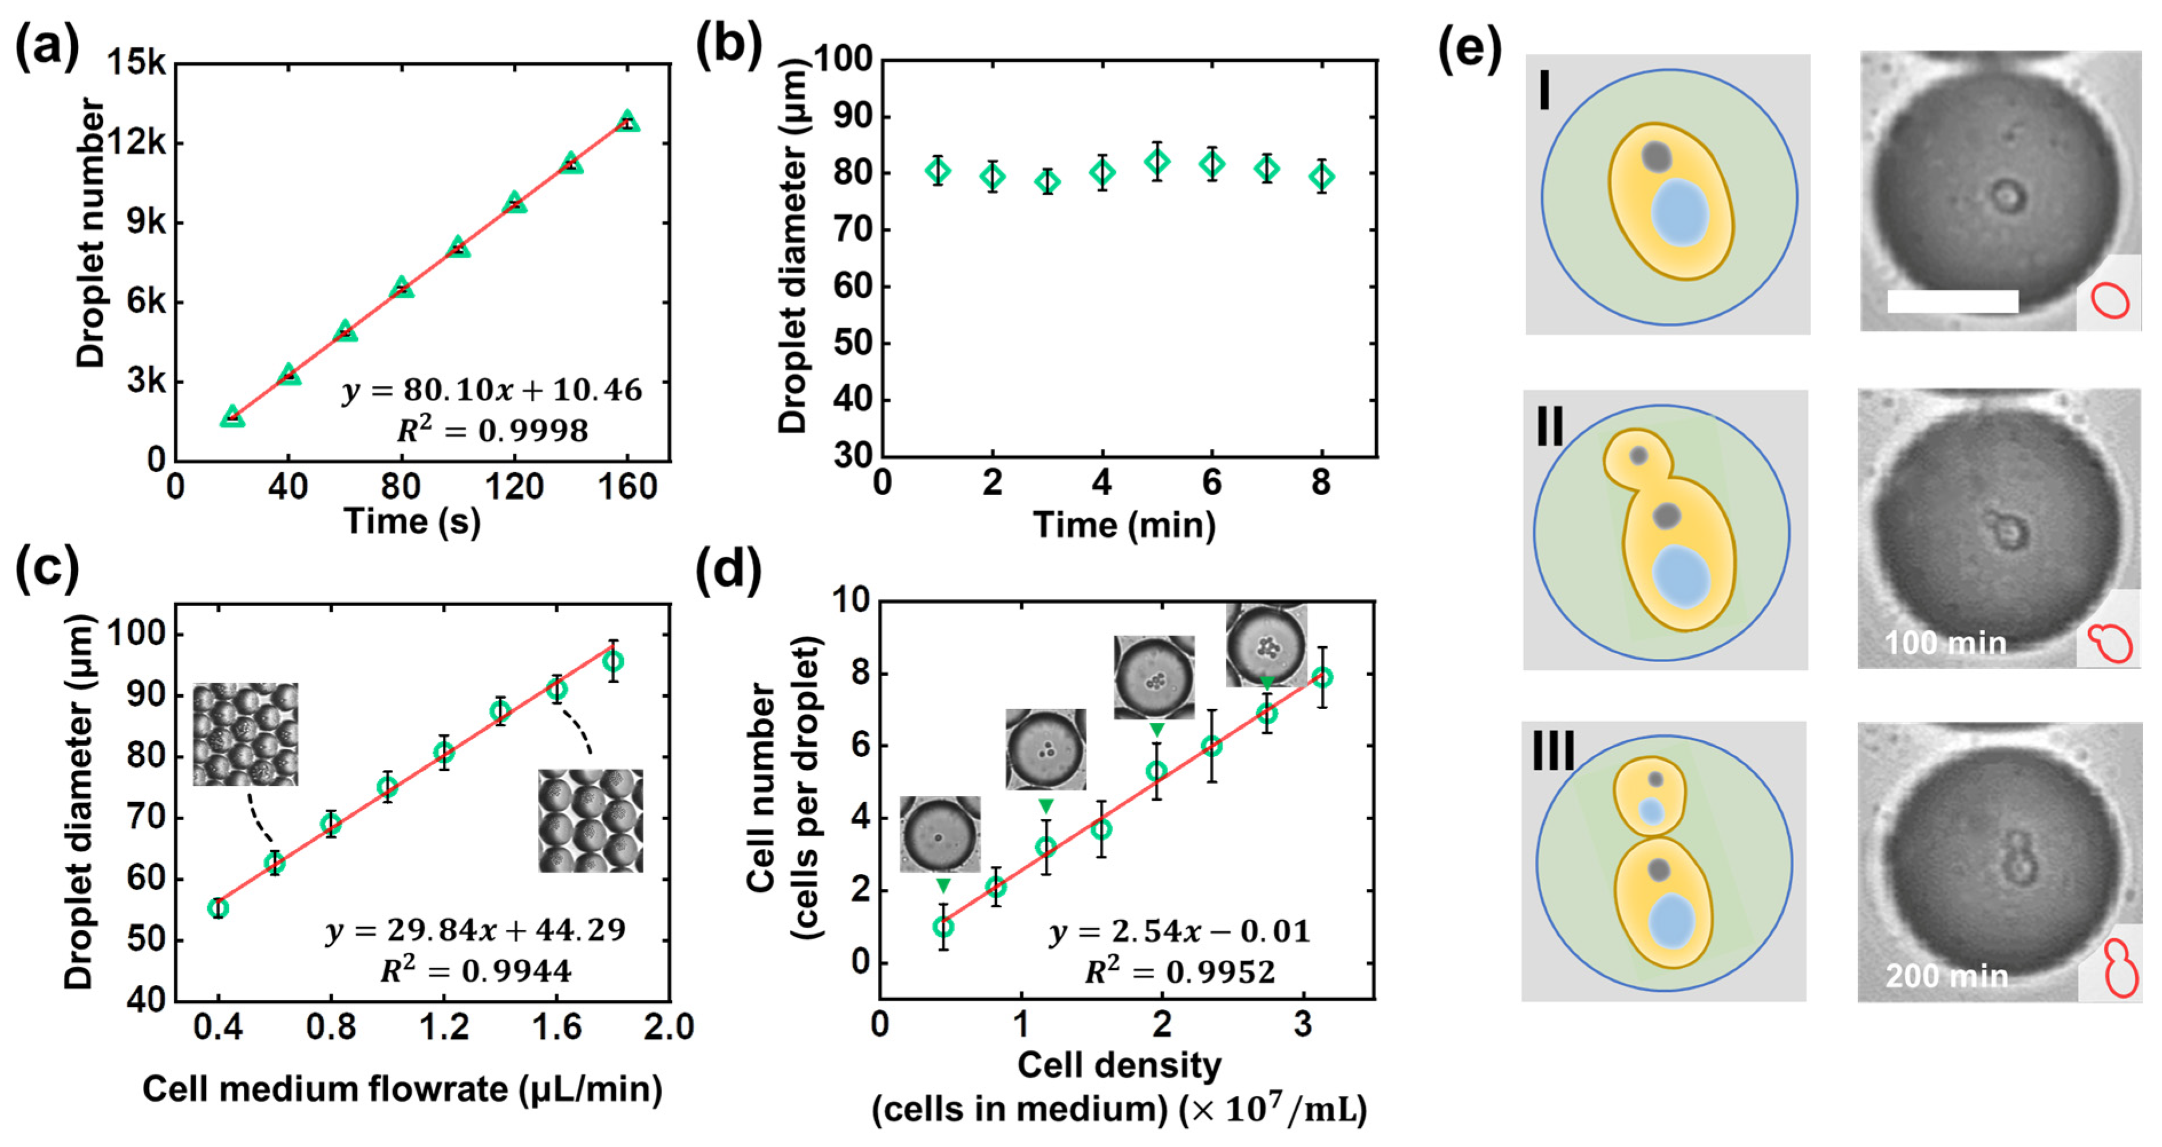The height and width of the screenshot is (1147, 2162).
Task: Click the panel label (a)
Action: point(46,46)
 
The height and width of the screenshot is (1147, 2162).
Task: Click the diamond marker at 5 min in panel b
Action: point(1157,161)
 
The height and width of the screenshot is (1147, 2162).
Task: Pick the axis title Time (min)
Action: point(1124,525)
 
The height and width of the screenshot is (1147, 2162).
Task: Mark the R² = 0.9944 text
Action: point(476,971)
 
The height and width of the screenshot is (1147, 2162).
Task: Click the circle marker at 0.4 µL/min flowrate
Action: point(218,908)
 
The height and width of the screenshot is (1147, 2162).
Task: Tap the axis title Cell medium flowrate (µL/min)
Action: point(403,1089)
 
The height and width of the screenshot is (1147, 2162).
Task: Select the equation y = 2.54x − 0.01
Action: point(1179,932)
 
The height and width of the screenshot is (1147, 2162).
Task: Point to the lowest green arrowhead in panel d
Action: point(943,886)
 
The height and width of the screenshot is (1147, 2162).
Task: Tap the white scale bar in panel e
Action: point(1952,302)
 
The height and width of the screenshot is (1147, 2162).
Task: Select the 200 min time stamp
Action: point(1946,976)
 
